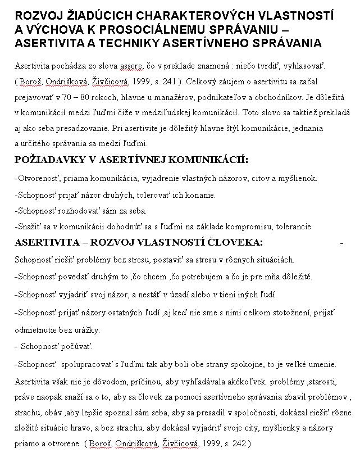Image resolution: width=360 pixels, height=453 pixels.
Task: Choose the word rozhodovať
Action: pyautogui.click(x=83, y=211)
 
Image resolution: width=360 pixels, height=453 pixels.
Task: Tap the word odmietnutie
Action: pyautogui.click(x=37, y=329)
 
